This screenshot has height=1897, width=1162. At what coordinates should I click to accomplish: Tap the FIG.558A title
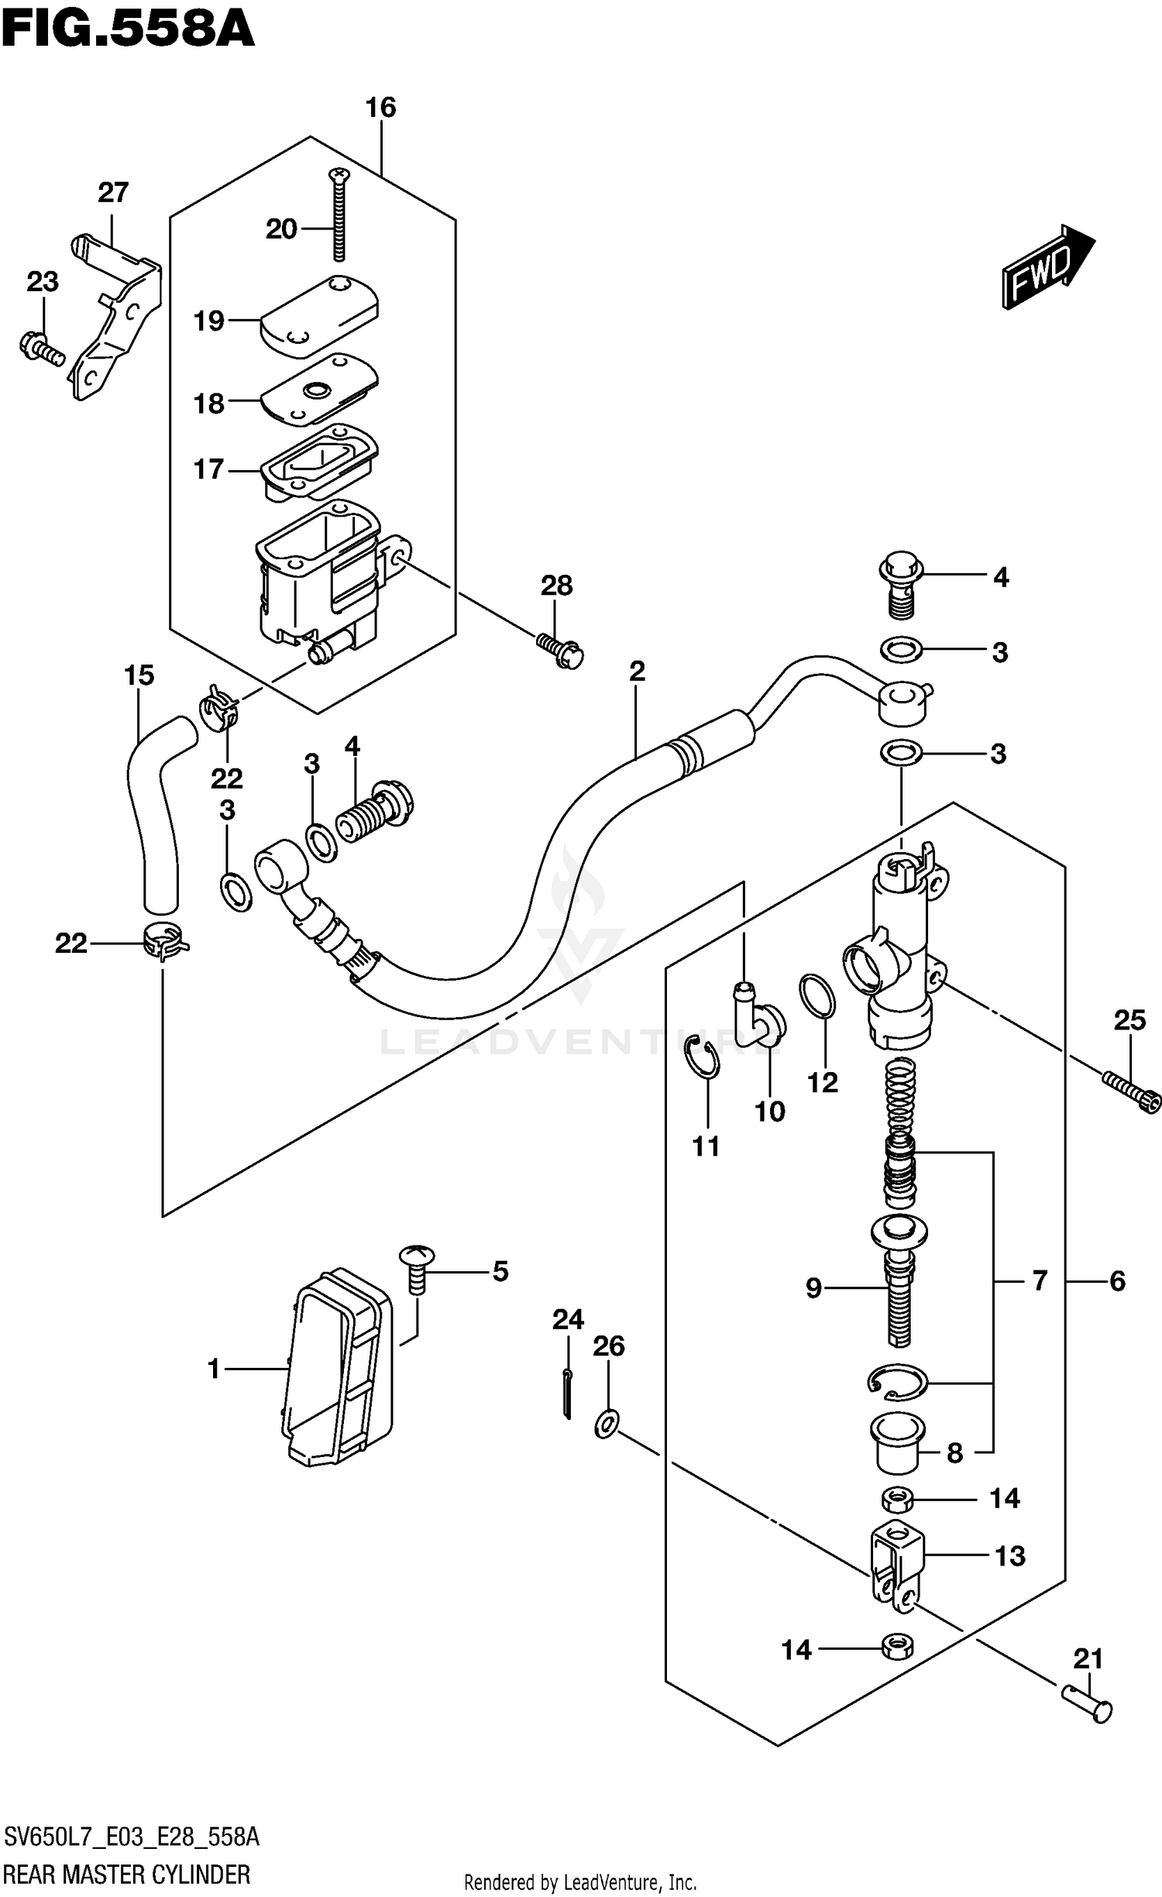(x=128, y=29)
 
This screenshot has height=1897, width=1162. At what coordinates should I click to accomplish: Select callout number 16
(x=380, y=108)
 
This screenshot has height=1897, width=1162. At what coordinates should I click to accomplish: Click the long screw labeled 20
(x=339, y=217)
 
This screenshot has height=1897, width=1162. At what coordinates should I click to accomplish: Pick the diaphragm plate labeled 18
(x=318, y=390)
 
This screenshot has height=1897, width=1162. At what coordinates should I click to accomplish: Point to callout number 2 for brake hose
(x=637, y=672)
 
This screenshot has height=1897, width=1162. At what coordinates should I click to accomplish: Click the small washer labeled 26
(x=607, y=1424)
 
